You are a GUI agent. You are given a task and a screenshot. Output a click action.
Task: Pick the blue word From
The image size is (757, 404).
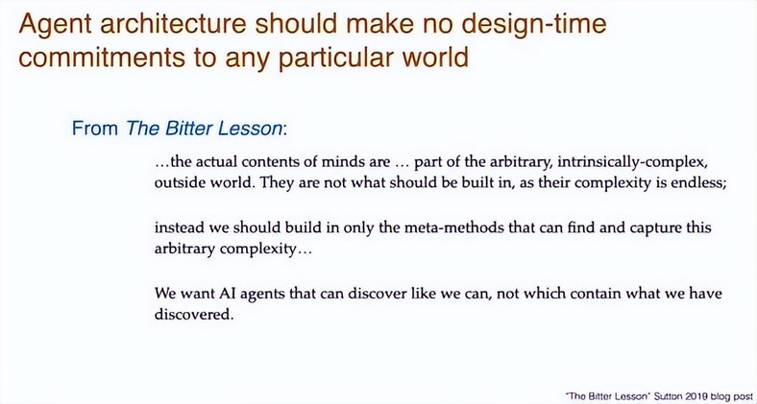coord(95,129)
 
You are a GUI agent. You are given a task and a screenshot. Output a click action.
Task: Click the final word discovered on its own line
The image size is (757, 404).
coord(194,315)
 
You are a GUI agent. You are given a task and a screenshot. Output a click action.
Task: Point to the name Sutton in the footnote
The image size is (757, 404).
coord(669,396)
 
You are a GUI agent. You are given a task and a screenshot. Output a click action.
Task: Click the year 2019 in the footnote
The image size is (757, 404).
coord(695,396)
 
